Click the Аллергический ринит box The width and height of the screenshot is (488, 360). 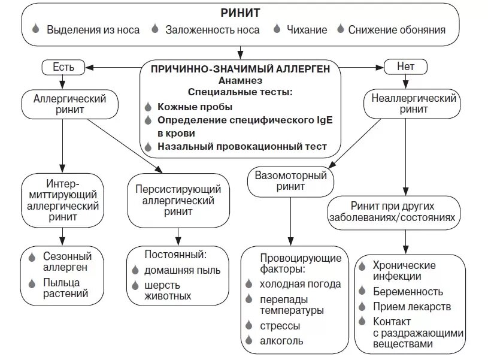(61, 104)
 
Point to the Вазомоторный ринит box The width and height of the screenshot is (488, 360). (290, 181)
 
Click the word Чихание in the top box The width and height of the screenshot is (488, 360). (307, 29)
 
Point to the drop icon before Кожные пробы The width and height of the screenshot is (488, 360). (148, 107)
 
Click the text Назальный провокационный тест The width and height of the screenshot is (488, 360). (242, 146)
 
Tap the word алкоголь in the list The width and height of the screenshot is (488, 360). (281, 341)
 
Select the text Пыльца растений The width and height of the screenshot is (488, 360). (65, 288)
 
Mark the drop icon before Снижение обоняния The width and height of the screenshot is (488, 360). (341, 29)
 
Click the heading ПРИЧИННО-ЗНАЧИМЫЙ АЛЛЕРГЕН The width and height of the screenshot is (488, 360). (240, 69)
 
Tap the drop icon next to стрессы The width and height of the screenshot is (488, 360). (250, 326)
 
